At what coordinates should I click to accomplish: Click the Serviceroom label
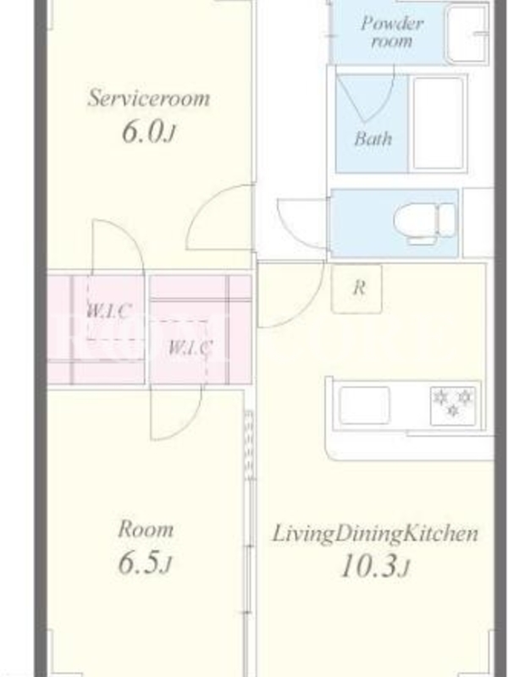(x=149, y=98)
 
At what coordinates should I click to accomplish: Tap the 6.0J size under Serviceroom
(x=148, y=132)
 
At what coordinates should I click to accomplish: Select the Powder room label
(x=392, y=32)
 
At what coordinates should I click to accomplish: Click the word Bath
(x=373, y=139)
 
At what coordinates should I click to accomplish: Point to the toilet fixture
(x=424, y=223)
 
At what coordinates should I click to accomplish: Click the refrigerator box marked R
(x=356, y=289)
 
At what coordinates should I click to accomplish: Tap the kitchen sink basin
(x=364, y=405)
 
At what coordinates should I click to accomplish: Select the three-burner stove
(x=453, y=405)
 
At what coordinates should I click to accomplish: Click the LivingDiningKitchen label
(x=375, y=534)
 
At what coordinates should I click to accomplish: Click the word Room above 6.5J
(x=146, y=530)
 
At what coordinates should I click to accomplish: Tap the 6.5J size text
(x=145, y=562)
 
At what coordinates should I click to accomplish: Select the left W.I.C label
(x=108, y=311)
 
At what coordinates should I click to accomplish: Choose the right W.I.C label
(x=190, y=347)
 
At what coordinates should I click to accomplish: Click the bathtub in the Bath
(x=439, y=124)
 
